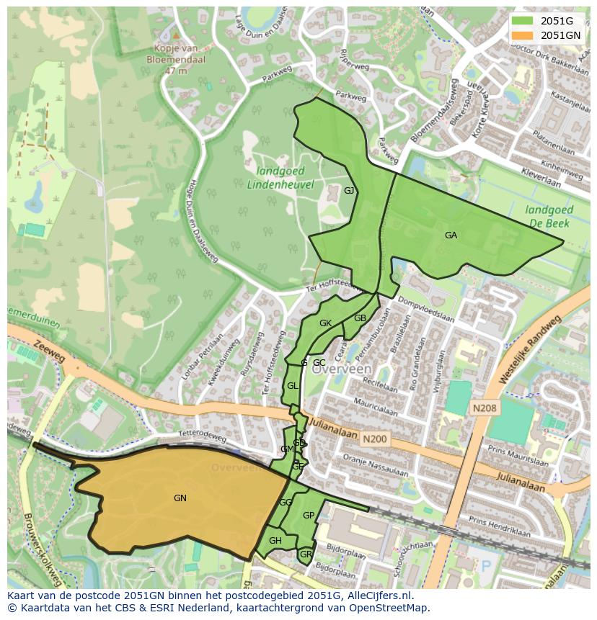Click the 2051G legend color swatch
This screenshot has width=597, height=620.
pyautogui.click(x=523, y=21)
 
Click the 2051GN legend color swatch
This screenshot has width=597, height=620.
pyautogui.click(x=523, y=35)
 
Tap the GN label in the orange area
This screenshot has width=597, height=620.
pyautogui.click(x=180, y=498)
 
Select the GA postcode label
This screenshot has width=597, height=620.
pyautogui.click(x=451, y=235)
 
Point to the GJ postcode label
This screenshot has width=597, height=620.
pyautogui.click(x=349, y=191)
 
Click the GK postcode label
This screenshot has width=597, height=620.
pyautogui.click(x=325, y=323)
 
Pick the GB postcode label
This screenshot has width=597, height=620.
pyautogui.click(x=360, y=318)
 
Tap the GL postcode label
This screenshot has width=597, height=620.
pyautogui.click(x=292, y=386)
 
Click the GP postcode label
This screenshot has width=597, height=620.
pyautogui.click(x=309, y=516)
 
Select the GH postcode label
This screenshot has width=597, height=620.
pyautogui.click(x=275, y=541)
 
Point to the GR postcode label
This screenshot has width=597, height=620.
pyautogui.click(x=306, y=554)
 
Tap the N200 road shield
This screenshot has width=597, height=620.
pyautogui.click(x=375, y=438)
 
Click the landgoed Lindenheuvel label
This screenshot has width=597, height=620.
pyautogui.click(x=280, y=178)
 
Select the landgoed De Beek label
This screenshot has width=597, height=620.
pyautogui.click(x=549, y=217)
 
